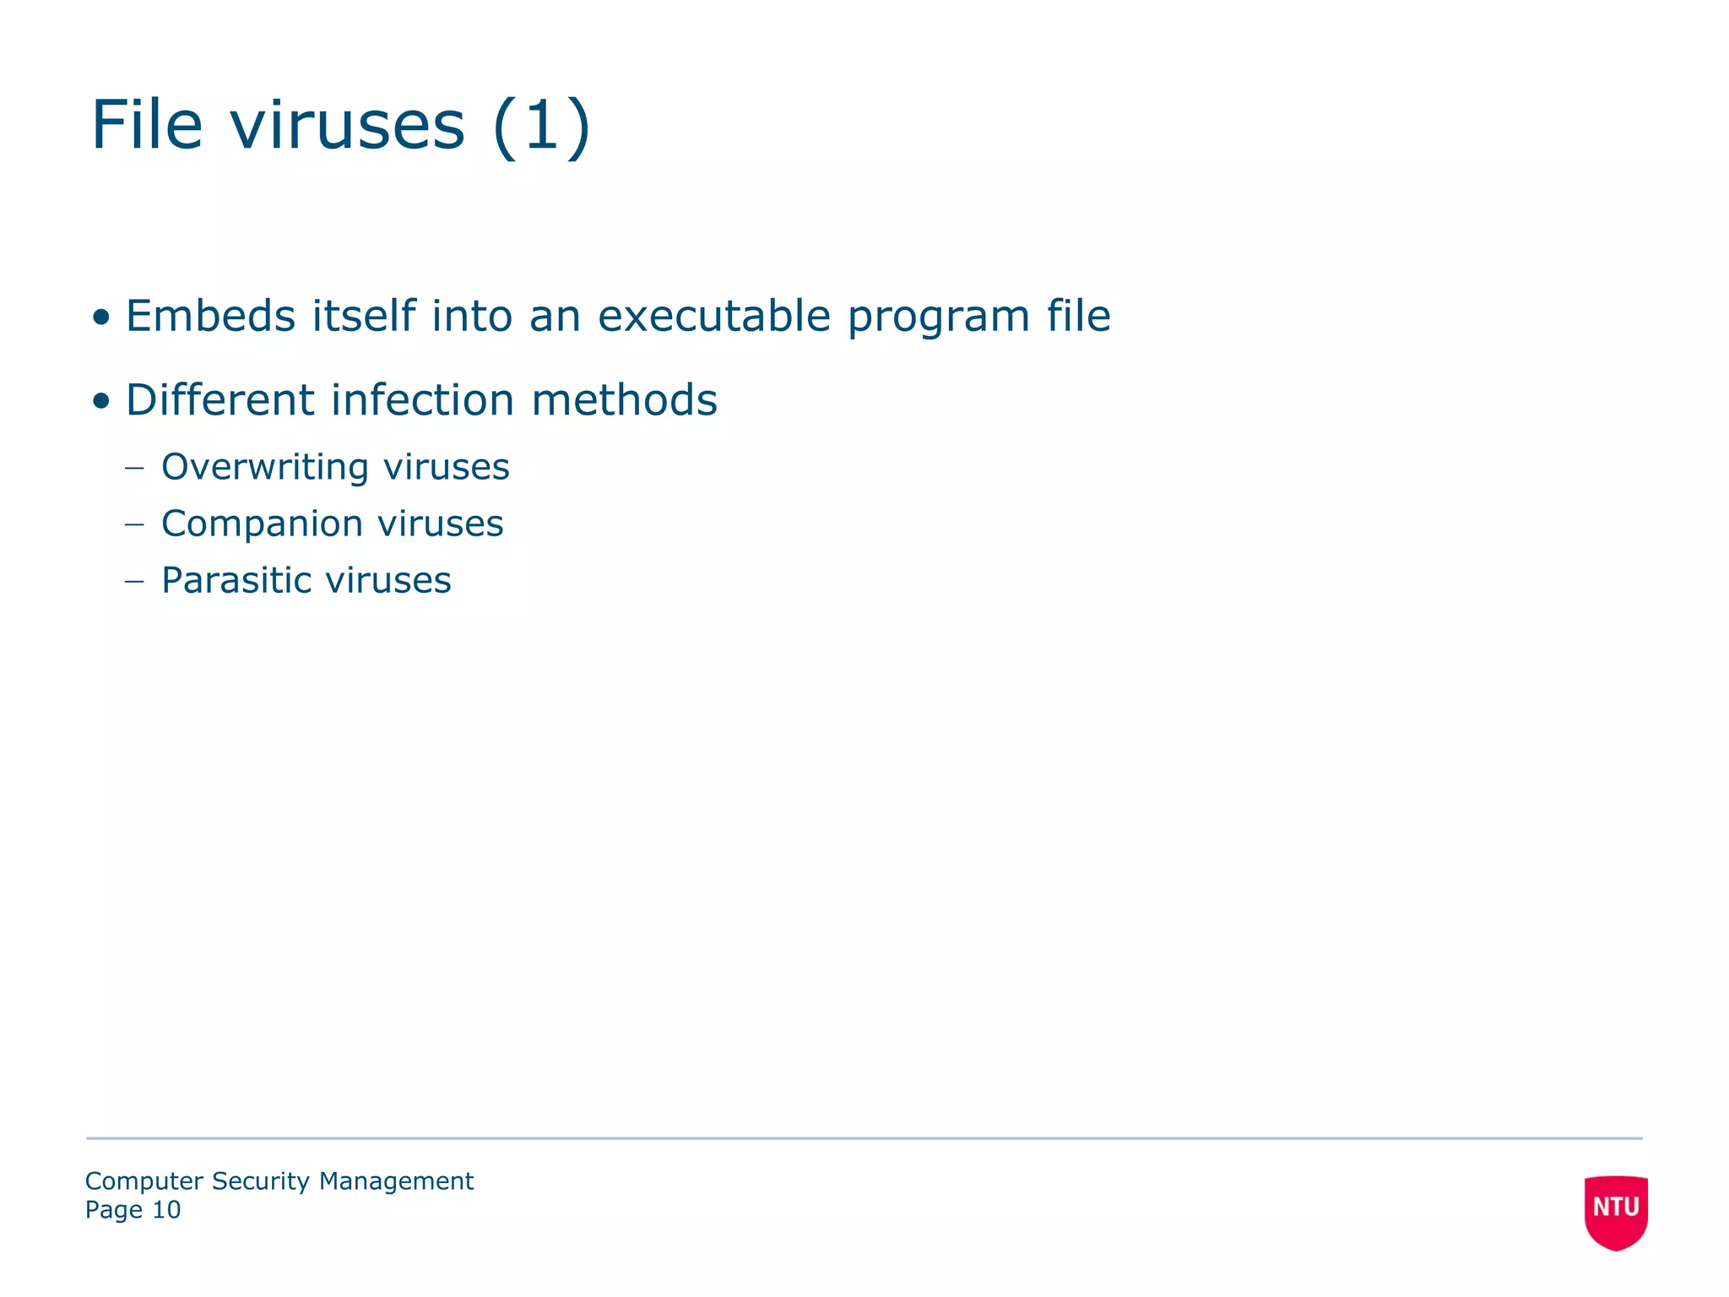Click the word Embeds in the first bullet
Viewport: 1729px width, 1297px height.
tap(210, 316)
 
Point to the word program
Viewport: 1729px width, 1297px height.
tap(938, 317)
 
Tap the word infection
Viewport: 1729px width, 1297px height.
tap(422, 399)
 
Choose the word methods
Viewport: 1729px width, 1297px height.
tap(624, 399)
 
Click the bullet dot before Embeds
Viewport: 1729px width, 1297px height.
tap(101, 318)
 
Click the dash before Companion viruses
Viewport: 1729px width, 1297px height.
tap(134, 524)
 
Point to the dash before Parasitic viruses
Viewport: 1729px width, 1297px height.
tap(134, 581)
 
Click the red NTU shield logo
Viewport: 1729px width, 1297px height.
tap(1615, 1211)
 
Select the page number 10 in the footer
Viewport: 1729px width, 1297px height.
tap(166, 1210)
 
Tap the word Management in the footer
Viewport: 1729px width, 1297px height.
tap(396, 1180)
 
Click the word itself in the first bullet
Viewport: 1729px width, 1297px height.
tap(364, 316)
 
